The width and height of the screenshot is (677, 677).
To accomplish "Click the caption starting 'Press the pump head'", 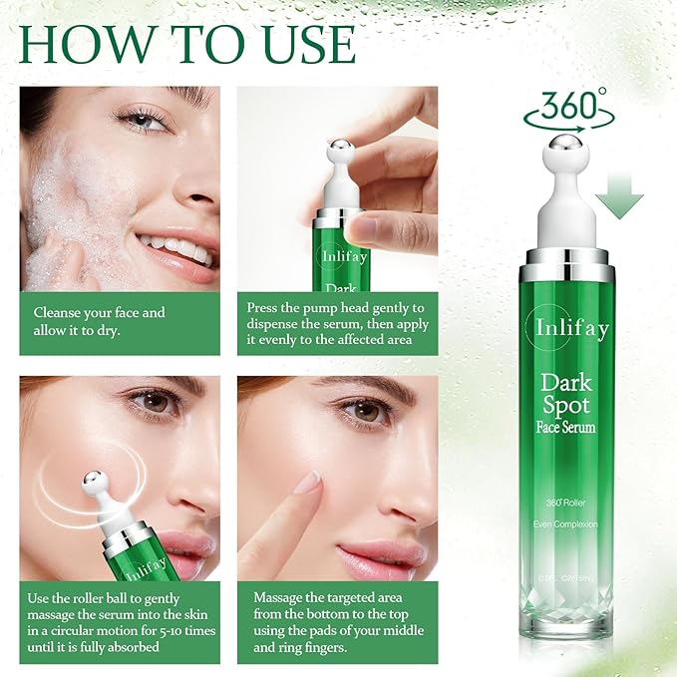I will (335, 322).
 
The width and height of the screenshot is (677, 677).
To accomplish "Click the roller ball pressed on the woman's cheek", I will (97, 483).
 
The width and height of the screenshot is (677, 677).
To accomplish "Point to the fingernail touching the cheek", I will (308, 483).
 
